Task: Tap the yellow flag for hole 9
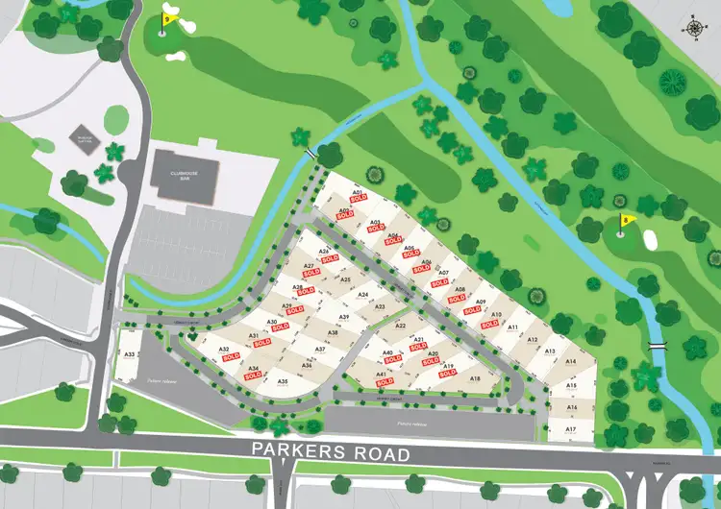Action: [x=168, y=18]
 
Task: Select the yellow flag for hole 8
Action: [x=628, y=220]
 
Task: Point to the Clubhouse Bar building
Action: [x=185, y=175]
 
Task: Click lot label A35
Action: [x=284, y=382]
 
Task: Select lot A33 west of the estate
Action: [x=130, y=355]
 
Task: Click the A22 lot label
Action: [x=400, y=327]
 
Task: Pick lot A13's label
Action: [x=550, y=351]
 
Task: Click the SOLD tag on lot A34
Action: [x=253, y=376]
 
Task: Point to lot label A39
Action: [x=343, y=317]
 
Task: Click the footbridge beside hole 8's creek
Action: [x=658, y=344]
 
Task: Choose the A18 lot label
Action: [x=475, y=378]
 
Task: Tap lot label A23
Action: [x=380, y=306]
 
